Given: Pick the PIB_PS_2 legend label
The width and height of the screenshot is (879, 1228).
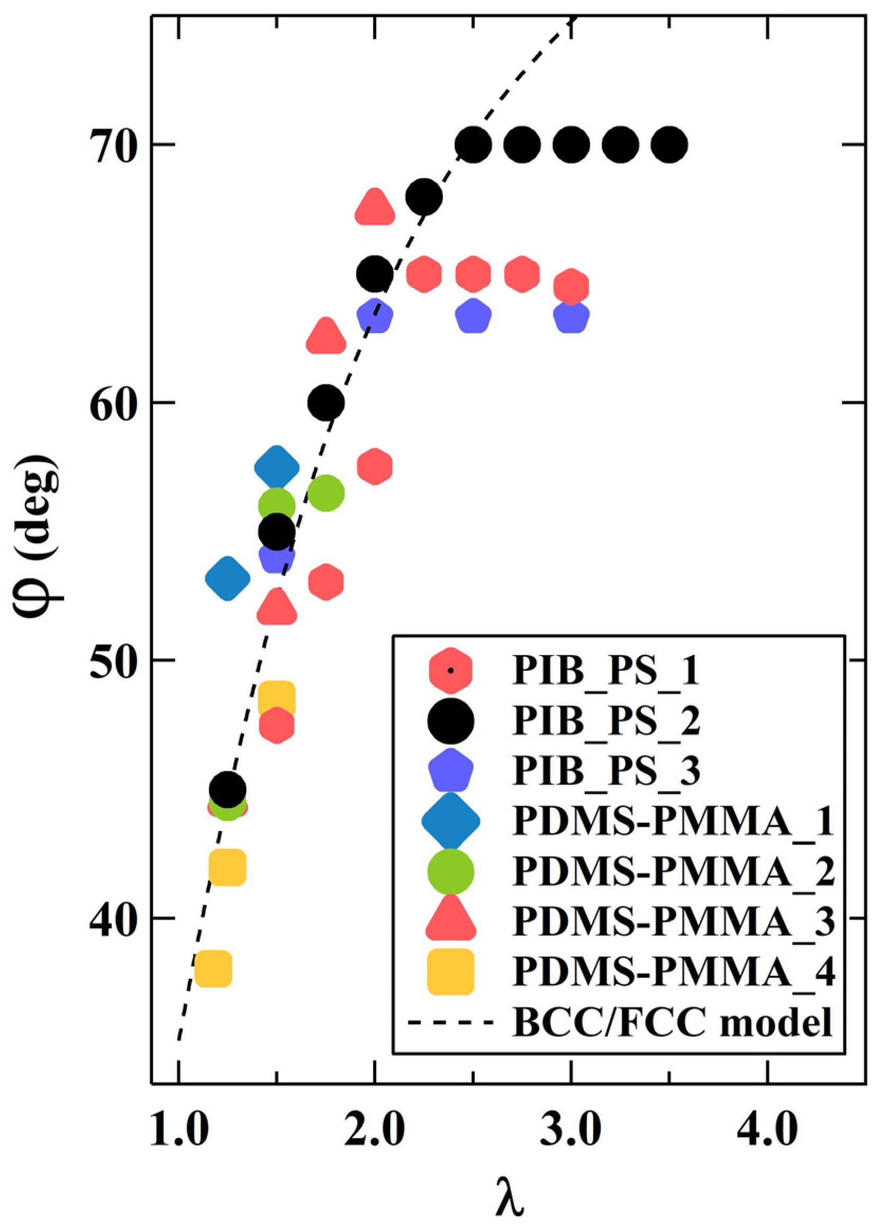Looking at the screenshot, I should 606,721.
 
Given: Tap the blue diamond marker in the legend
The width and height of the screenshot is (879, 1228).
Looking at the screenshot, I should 451,821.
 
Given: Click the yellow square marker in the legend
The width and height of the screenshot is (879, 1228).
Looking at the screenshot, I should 451,972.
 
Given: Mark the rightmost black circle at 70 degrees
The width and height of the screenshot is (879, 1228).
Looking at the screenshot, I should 669,145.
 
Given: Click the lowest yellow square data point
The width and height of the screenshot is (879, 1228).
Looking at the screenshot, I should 214,969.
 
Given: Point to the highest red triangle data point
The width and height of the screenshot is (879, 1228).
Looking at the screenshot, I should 375,207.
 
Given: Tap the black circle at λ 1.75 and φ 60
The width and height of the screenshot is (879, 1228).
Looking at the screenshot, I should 325,403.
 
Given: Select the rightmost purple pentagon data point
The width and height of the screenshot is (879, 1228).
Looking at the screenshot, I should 572,316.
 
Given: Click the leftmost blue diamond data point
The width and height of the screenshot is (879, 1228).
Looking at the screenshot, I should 228,578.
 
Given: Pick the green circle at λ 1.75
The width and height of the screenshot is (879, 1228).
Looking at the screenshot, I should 325,493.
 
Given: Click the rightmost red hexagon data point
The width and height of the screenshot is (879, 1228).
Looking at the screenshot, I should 572,287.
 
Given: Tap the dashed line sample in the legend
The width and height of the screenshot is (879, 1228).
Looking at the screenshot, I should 451,1023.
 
